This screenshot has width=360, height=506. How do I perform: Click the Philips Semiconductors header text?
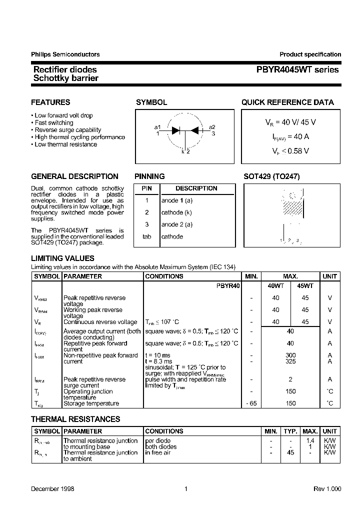65,54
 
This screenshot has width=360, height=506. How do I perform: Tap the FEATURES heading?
50,102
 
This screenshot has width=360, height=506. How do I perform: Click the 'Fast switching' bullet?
53,122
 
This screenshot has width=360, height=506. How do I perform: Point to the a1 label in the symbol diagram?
157,127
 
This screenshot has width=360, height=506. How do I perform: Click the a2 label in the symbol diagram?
212,127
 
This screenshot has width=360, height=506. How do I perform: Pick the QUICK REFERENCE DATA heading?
287,102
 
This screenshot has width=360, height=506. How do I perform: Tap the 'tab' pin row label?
147,236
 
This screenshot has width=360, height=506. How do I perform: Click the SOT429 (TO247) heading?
271,176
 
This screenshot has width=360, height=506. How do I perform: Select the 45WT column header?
305,285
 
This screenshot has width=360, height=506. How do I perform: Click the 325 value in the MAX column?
290,361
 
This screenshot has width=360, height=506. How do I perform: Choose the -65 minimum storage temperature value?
251,403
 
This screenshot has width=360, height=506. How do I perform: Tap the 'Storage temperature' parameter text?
91,403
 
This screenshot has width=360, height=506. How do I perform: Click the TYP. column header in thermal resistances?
290,431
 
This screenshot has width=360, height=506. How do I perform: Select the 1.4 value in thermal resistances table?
310,440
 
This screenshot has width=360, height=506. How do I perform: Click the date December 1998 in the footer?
52,488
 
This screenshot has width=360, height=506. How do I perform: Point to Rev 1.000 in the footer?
327,488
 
